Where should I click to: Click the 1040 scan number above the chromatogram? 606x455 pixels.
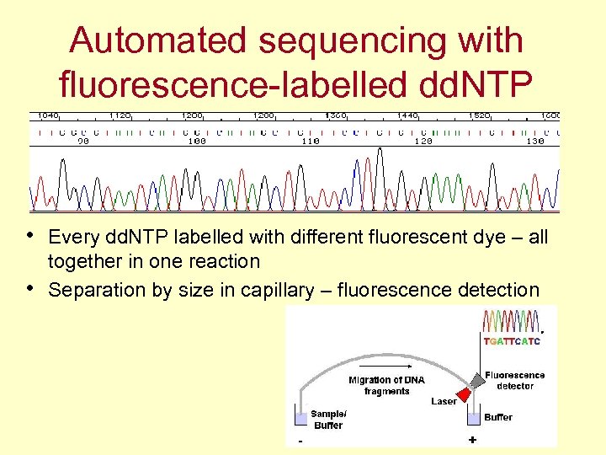pos(48,115)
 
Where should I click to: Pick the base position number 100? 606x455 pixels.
pos(196,142)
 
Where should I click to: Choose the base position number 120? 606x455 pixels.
pos(423,142)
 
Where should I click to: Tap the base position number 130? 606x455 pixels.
pos(535,142)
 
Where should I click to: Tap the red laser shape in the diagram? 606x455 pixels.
pos(463,394)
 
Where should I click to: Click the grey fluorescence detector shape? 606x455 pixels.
pos(478,381)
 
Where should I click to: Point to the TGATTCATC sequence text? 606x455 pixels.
pos(511,341)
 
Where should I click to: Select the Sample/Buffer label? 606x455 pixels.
pos(328,420)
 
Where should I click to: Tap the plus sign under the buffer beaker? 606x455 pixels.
pos(472,440)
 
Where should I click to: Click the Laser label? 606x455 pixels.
pos(444,401)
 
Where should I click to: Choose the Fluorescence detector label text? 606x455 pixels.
pos(514,380)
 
